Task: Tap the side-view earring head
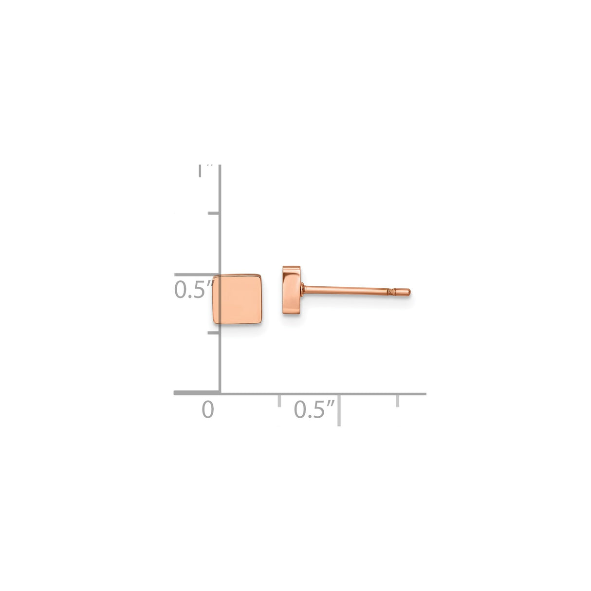coord(291,290)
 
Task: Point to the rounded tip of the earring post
coord(410,292)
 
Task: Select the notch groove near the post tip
coord(390,292)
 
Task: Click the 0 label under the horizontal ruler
coord(208,409)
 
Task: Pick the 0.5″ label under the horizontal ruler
coord(314,409)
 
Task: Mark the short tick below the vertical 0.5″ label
coord(214,333)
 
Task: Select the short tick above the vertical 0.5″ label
coord(214,214)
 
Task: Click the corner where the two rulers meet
coord(220,393)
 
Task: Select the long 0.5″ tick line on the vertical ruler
coord(197,275)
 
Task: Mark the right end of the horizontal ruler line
coord(425,393)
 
